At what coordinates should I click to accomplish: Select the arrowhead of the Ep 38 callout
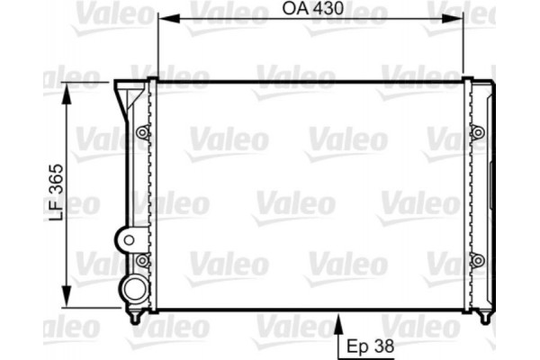coord(337,318)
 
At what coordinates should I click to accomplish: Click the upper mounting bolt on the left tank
coord(141,133)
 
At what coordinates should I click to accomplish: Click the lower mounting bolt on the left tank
coord(141,261)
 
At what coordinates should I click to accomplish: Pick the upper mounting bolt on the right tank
coord(478,133)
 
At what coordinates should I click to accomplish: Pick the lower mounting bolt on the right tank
coord(478,261)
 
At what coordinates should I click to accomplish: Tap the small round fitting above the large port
coord(127,239)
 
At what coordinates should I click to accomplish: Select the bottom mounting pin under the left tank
coord(136,317)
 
